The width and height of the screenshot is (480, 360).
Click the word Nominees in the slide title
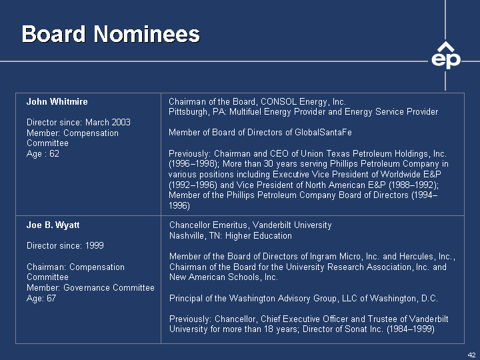147,34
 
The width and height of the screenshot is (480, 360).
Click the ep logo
446,56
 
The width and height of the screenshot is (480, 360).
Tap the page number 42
471,355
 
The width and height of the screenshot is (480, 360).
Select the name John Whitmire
57,101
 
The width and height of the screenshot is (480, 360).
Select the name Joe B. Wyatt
53,225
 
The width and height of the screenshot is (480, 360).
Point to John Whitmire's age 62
54,154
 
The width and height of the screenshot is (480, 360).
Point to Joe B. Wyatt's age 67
51,298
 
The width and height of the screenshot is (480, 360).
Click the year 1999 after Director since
94,245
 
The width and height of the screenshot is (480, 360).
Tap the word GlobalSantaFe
323,132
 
